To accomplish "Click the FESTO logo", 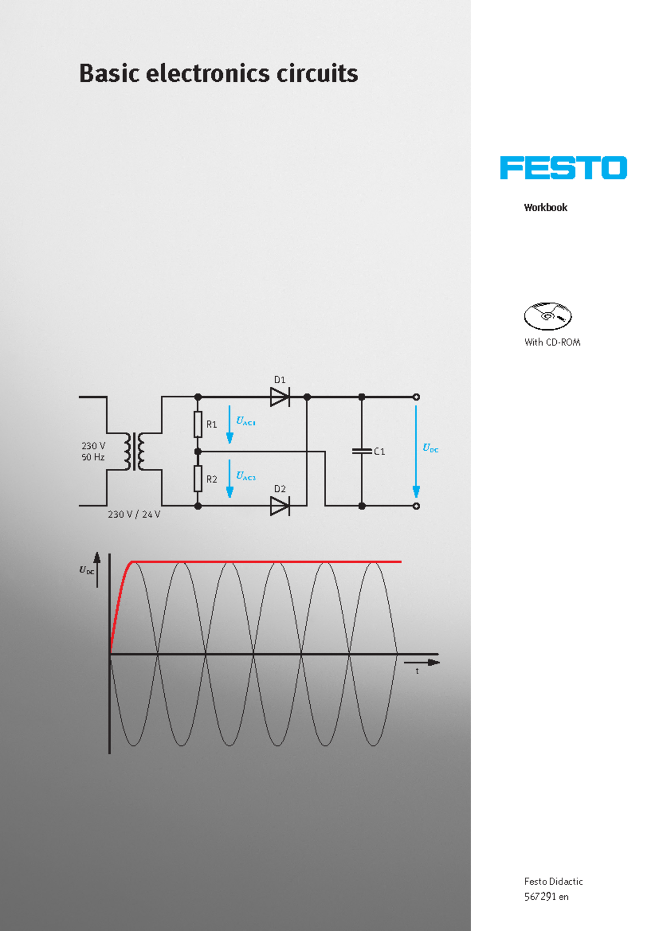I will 563,168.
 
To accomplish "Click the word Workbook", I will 545,207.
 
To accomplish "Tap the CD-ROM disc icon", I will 548,316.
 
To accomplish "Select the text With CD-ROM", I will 552,342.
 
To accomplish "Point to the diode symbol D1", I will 280,396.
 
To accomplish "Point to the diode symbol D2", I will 280,506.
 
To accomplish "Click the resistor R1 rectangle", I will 198,424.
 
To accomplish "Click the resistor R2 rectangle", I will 198,479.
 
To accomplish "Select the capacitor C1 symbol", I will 361,451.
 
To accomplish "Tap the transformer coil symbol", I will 134,451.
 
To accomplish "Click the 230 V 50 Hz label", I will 93,451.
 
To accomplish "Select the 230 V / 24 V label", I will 133,514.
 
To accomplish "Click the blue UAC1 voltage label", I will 245,421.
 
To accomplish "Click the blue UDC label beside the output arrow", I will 430,448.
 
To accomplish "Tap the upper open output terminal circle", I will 416,397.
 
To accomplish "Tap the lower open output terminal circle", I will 416,506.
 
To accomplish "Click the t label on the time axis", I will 417,671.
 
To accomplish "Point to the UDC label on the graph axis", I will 86,570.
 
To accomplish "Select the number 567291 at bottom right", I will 540,896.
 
